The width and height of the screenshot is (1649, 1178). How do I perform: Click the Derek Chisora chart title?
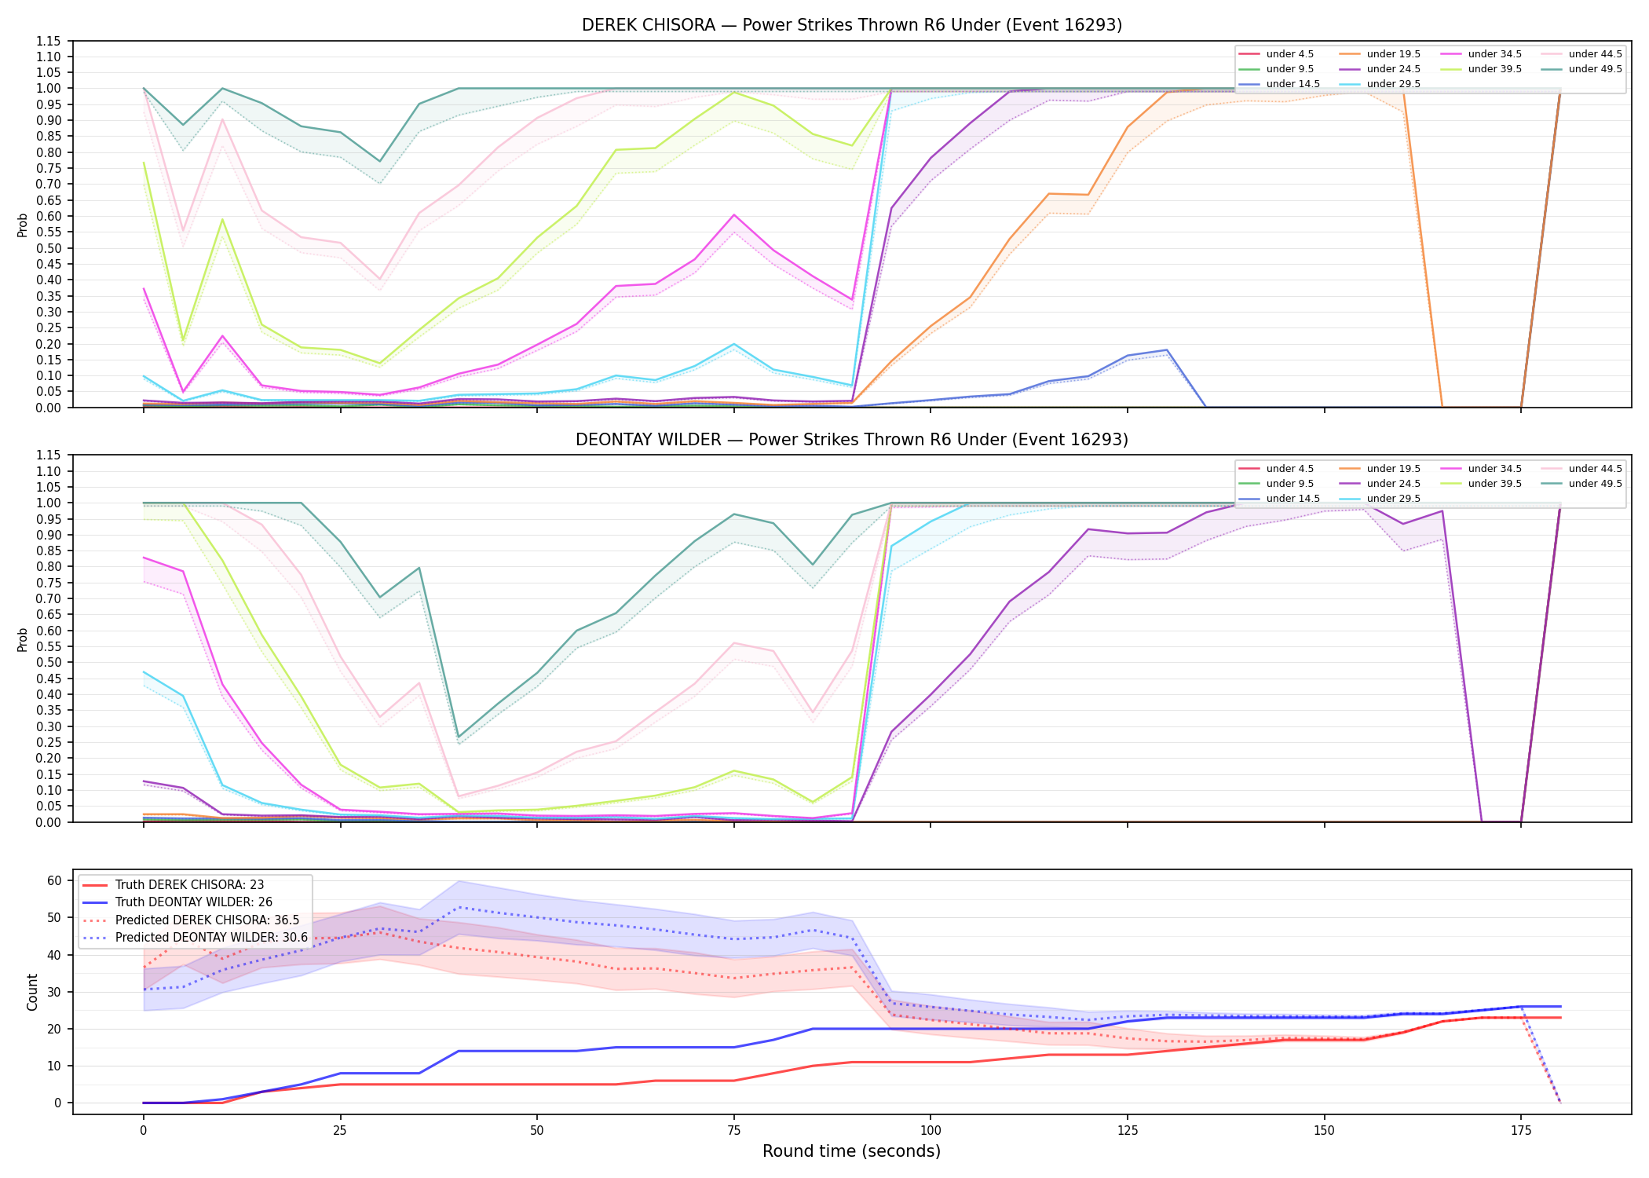[852, 25]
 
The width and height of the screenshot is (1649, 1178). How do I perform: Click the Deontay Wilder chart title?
[852, 440]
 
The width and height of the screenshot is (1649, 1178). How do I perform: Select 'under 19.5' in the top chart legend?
[1393, 54]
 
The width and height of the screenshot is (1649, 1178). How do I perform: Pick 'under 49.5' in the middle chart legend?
[1595, 484]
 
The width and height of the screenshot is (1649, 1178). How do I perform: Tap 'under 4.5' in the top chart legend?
[1289, 54]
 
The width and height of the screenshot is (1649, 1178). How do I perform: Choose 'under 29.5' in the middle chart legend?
[1393, 499]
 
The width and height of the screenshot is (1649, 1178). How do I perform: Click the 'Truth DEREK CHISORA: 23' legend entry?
[189, 885]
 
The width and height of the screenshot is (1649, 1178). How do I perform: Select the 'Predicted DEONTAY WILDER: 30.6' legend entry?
[211, 938]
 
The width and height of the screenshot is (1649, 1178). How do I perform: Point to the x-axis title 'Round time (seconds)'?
[851, 1151]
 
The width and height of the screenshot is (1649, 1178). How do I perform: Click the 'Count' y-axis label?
[32, 992]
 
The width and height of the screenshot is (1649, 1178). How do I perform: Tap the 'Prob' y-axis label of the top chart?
[23, 225]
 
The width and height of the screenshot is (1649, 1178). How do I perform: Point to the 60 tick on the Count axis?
[54, 880]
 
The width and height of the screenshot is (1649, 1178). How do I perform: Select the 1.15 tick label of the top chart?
[49, 41]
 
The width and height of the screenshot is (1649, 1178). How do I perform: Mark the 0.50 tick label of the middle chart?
[49, 662]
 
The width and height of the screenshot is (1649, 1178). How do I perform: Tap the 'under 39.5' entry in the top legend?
[1494, 69]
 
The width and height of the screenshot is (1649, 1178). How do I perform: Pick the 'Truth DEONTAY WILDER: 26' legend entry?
[193, 902]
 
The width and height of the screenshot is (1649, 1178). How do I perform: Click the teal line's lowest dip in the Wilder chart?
[459, 737]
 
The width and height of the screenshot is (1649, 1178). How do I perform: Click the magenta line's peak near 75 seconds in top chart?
[734, 214]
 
